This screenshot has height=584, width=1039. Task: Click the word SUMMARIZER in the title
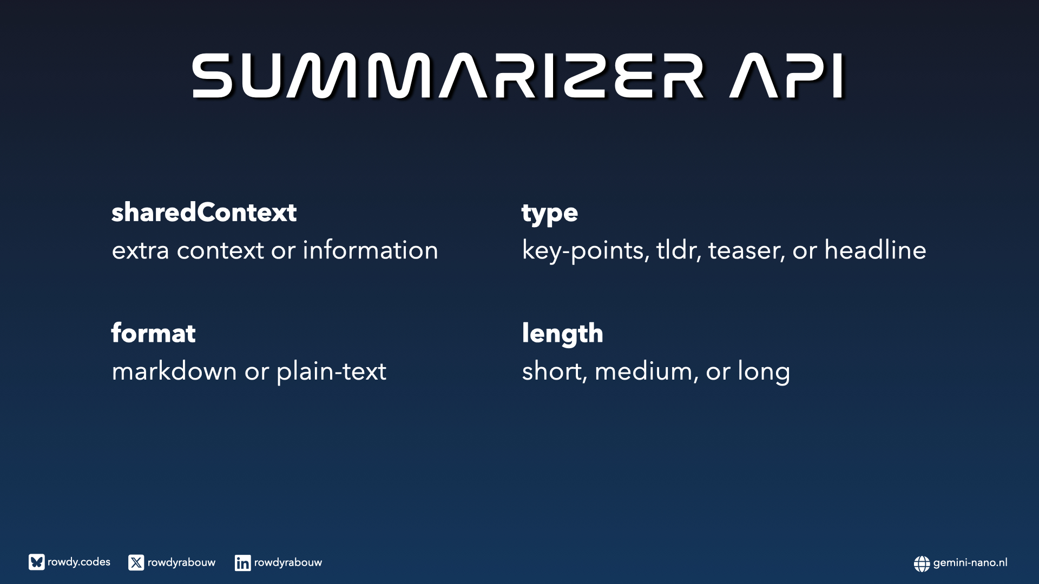(x=448, y=76)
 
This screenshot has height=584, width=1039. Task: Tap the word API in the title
(x=787, y=76)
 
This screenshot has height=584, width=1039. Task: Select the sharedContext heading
(x=204, y=212)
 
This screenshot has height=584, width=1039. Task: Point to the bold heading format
(x=153, y=333)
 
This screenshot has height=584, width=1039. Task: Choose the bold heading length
(x=562, y=334)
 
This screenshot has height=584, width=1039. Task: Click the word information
(x=370, y=250)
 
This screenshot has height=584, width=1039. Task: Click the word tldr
(x=679, y=250)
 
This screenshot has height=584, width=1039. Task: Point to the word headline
(x=875, y=250)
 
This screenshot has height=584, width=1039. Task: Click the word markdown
(x=174, y=371)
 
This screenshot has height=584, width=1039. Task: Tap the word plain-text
(x=331, y=372)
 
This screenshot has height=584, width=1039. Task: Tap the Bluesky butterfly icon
(x=37, y=562)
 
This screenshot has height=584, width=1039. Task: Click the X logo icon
(x=136, y=562)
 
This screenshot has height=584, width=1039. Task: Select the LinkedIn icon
(x=242, y=562)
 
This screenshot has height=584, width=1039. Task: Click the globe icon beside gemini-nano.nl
(x=922, y=563)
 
